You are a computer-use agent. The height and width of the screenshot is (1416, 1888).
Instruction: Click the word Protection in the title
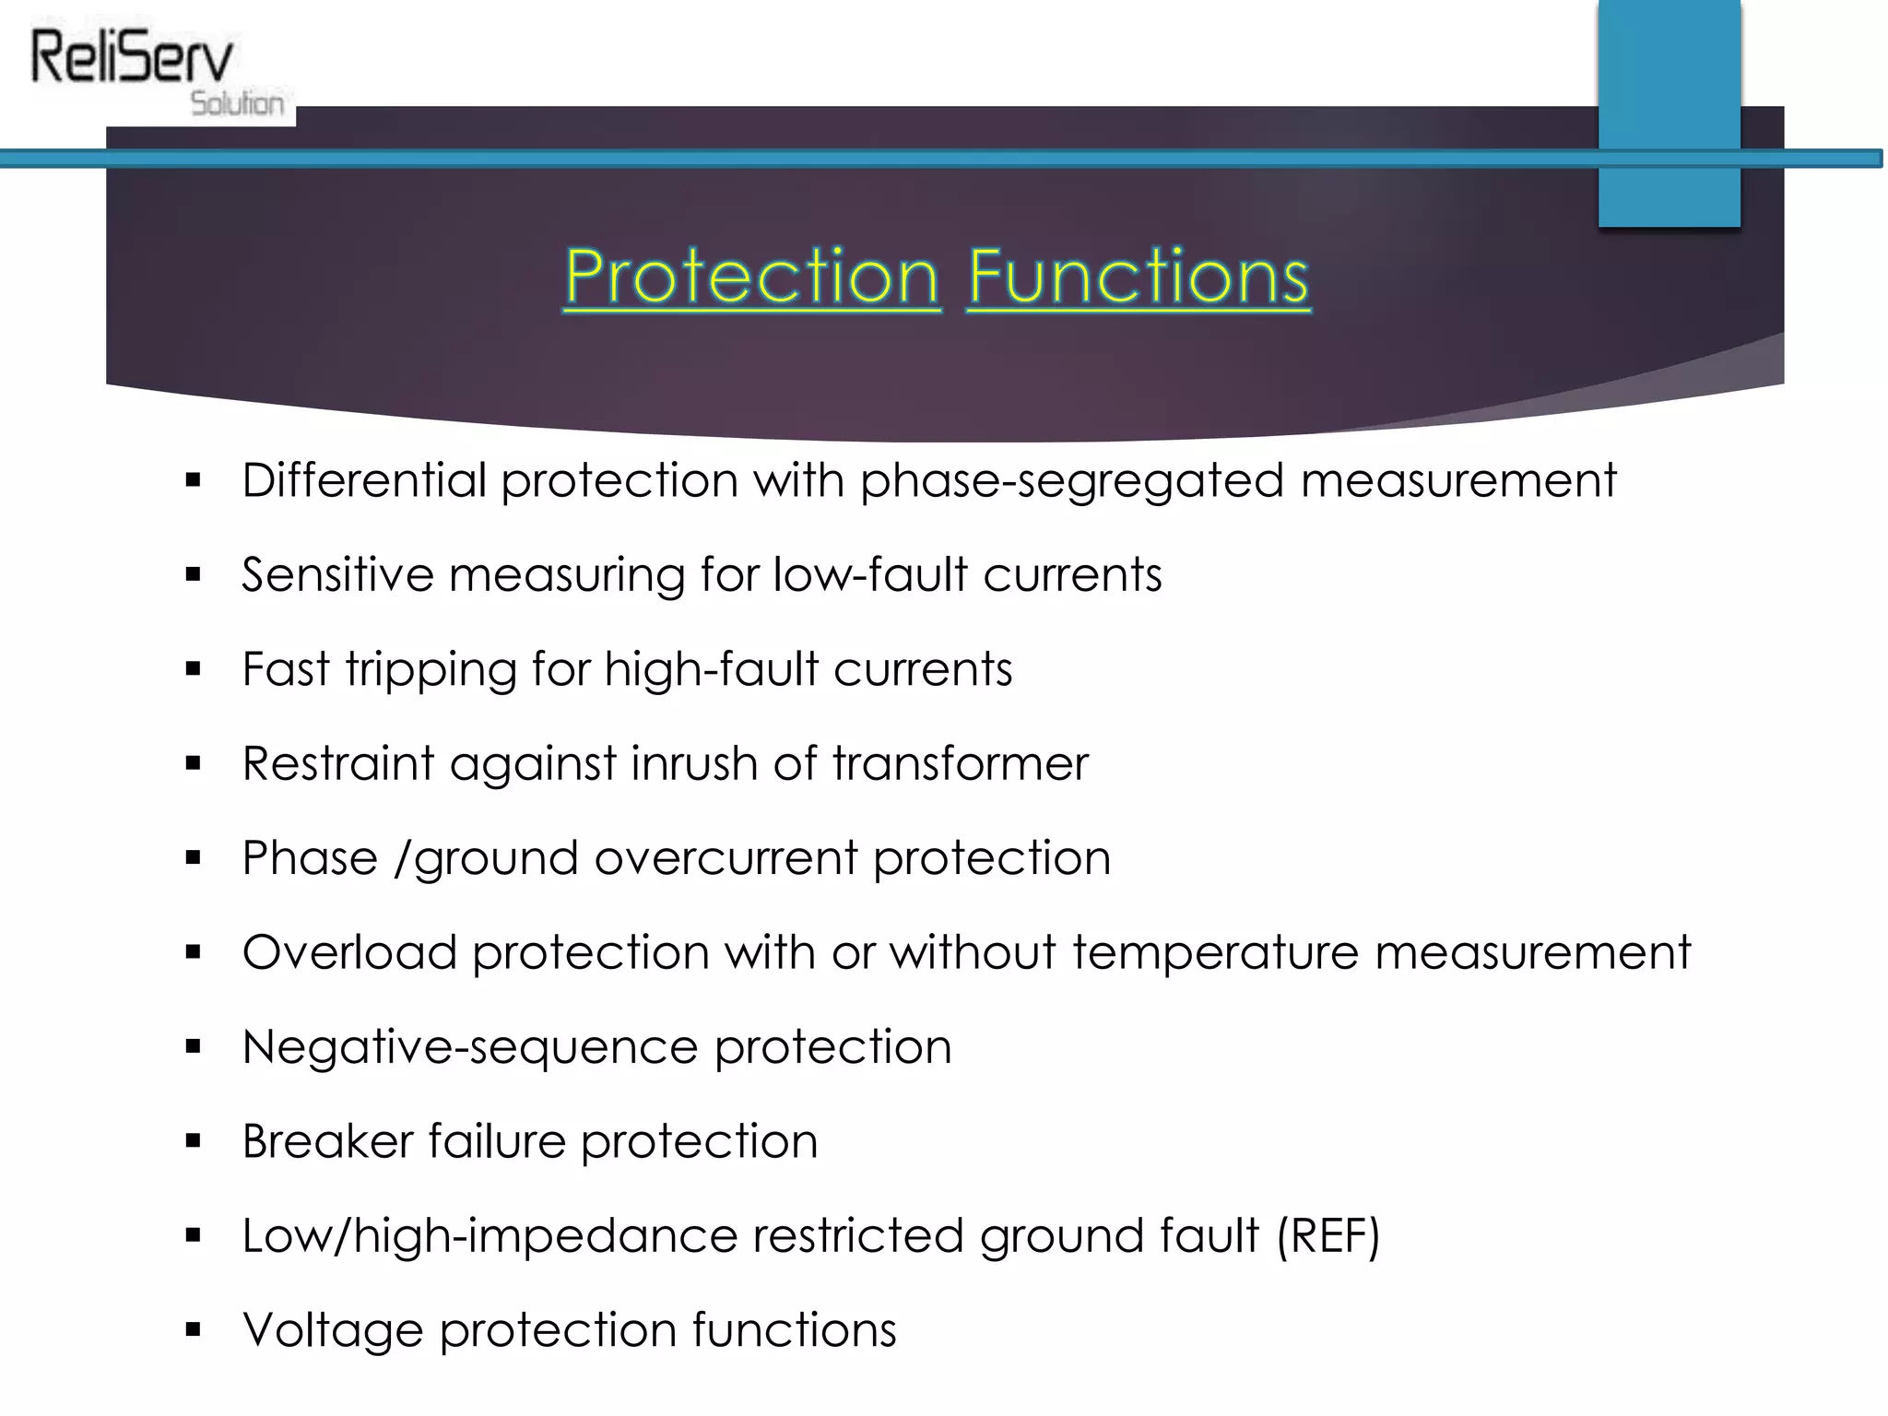click(x=751, y=276)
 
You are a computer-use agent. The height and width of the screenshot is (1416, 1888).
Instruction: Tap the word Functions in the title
click(x=1139, y=276)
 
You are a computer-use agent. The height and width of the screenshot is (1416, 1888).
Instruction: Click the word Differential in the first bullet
click(x=363, y=480)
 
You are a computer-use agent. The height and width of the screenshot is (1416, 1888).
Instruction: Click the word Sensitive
click(x=337, y=575)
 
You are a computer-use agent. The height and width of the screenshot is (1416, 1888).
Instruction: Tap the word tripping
click(x=431, y=670)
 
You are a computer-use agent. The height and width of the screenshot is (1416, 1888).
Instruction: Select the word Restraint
click(x=337, y=763)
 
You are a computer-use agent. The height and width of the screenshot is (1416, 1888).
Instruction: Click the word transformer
click(x=960, y=763)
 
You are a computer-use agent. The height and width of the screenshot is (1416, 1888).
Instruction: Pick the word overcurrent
click(x=726, y=858)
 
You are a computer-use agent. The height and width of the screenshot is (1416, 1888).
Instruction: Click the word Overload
click(x=349, y=952)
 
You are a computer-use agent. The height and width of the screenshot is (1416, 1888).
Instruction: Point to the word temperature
click(x=1215, y=952)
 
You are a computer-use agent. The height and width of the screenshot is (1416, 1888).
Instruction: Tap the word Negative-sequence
click(x=470, y=1047)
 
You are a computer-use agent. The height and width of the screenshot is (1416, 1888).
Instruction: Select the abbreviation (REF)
click(x=1327, y=1236)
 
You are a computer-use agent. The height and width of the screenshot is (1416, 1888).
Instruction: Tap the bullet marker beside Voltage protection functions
click(x=193, y=1330)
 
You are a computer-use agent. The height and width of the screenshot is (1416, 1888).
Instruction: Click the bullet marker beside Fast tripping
click(x=193, y=669)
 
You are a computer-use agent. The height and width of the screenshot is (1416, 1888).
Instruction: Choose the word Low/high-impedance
click(x=490, y=1236)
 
